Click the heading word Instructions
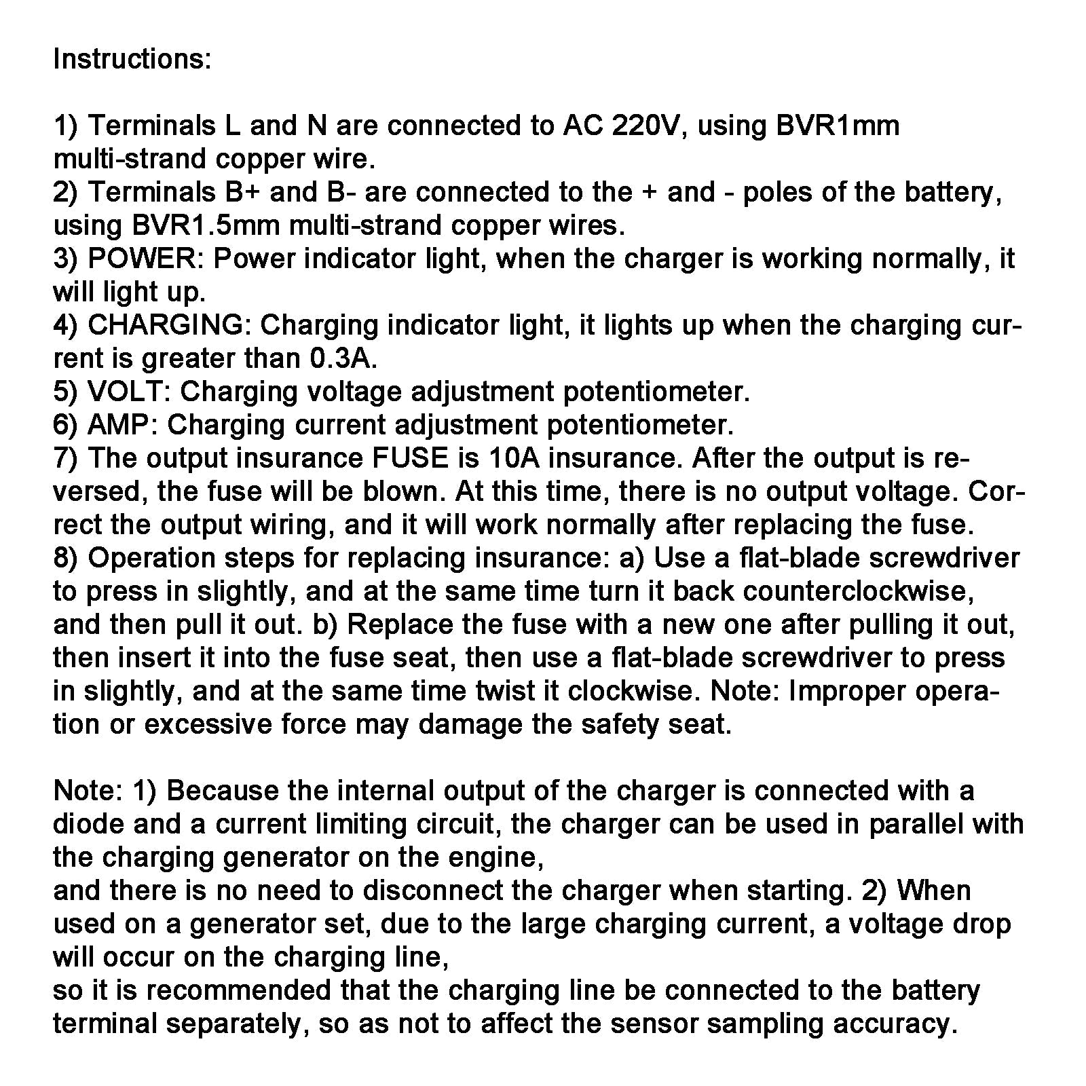(132, 59)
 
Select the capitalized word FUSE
(410, 458)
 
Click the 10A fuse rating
(513, 458)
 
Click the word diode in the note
(88, 824)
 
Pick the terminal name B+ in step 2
(242, 192)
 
